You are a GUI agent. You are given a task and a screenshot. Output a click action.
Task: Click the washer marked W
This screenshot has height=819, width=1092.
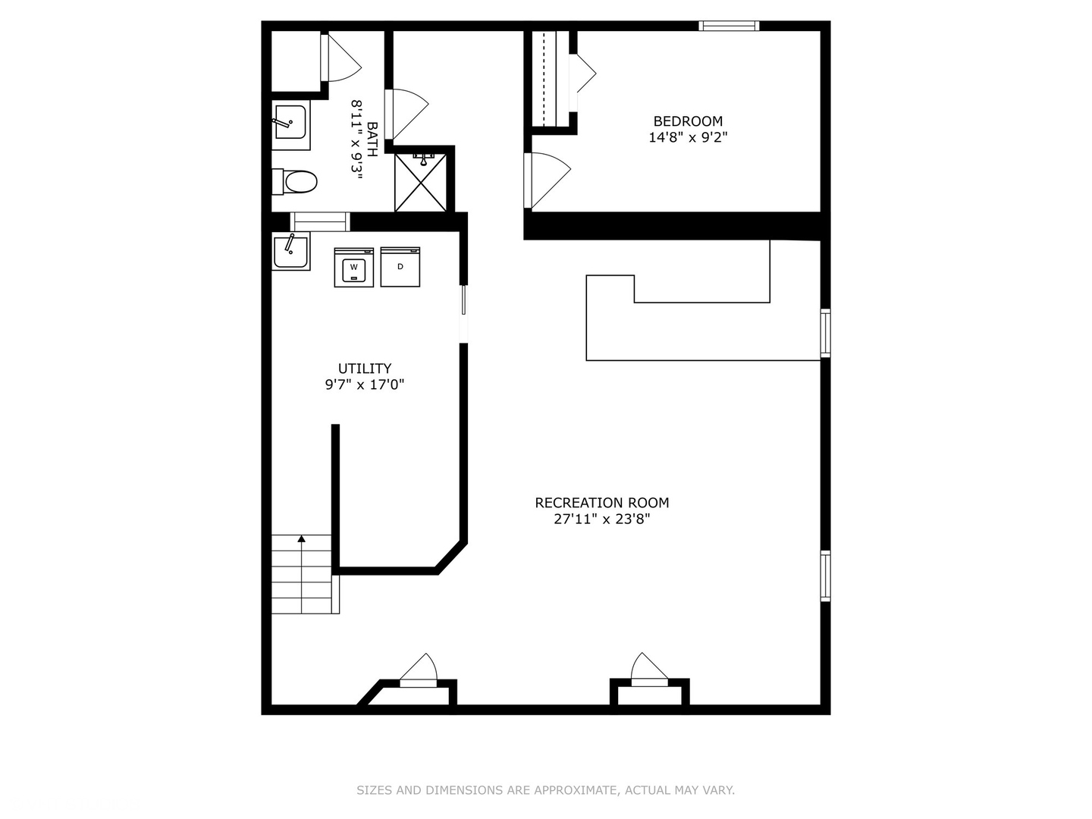[x=353, y=267]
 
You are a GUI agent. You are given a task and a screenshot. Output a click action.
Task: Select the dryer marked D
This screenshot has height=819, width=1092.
[x=400, y=266]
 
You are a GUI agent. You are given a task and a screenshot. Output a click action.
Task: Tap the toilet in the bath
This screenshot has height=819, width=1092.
[x=294, y=182]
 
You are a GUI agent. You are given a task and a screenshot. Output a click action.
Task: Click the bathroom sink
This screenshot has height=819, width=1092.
[x=291, y=125]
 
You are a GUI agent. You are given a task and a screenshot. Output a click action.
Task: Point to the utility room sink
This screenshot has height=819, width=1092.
[x=291, y=251]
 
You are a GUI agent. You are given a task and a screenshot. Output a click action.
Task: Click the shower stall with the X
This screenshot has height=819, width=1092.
[x=420, y=183]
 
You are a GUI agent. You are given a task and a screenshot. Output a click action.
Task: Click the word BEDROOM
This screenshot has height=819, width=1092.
[x=688, y=121]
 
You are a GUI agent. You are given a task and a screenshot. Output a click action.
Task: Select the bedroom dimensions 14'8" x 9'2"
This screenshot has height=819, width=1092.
[x=688, y=137]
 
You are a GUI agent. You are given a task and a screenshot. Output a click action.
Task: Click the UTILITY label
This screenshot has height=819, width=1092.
[x=365, y=369]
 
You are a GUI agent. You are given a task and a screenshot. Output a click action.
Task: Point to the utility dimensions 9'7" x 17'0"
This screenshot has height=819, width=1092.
[x=365, y=384]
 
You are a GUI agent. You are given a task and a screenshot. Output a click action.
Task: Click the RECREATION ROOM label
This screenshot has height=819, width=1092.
[x=602, y=503]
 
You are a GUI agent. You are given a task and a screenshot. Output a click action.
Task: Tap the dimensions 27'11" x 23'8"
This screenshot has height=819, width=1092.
[x=602, y=519]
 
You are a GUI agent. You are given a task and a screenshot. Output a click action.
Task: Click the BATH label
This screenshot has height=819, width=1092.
[x=372, y=140]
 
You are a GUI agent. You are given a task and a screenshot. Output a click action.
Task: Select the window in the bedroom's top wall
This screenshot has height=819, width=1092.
[x=729, y=26]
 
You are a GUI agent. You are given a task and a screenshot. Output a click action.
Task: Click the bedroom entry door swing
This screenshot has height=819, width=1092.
[x=547, y=180]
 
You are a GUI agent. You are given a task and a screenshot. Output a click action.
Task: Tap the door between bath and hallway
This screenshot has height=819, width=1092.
[x=406, y=114]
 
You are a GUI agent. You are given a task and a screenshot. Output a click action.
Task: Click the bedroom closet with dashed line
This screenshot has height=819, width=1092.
[x=551, y=79]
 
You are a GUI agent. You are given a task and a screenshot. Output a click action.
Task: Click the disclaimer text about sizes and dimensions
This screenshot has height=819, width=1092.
[x=546, y=790]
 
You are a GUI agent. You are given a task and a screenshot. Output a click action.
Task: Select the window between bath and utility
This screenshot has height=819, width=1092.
[x=320, y=221]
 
